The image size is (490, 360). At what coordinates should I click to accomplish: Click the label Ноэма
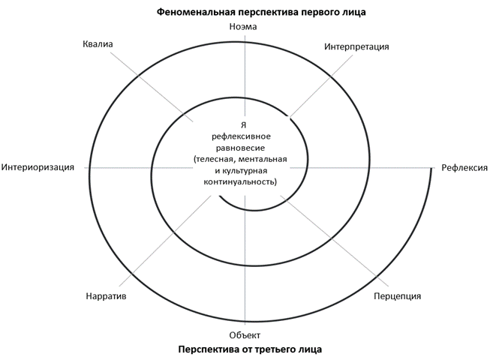[243, 26]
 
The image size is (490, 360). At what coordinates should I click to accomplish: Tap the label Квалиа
[98, 44]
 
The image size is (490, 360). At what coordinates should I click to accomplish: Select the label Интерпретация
[356, 46]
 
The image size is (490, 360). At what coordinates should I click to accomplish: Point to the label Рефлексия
[464, 168]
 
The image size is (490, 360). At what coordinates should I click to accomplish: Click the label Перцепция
[397, 296]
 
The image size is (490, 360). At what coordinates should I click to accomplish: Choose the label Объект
[245, 335]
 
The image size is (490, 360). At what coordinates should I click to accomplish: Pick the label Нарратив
[106, 296]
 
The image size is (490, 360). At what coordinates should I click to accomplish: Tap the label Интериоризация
[38, 167]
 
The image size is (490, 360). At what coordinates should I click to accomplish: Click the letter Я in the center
[243, 125]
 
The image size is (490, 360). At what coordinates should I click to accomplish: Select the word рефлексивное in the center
[242, 136]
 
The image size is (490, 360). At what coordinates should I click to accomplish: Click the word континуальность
[239, 181]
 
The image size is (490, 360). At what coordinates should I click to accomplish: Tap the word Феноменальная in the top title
[196, 12]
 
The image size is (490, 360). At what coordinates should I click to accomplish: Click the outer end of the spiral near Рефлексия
[432, 169]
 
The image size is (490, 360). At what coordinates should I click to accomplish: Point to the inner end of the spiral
[220, 196]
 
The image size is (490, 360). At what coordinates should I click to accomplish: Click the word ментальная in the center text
[263, 159]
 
